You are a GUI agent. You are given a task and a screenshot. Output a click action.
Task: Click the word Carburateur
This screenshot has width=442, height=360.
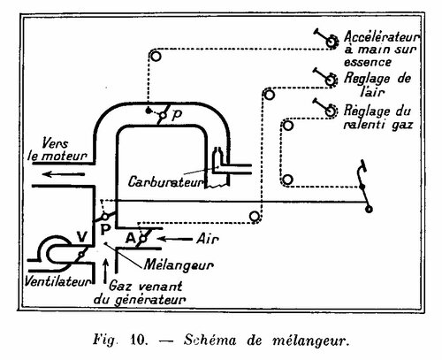pyautogui.click(x=166, y=182)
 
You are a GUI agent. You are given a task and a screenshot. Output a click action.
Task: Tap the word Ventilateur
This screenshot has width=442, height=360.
pyautogui.click(x=57, y=281)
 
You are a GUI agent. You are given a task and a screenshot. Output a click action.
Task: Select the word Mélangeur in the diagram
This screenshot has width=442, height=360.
pyautogui.click(x=179, y=265)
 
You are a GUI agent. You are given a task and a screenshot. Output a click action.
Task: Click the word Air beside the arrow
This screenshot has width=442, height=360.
pyautogui.click(x=208, y=239)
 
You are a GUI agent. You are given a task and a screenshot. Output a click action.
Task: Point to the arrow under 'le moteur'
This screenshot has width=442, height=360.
pyautogui.click(x=64, y=174)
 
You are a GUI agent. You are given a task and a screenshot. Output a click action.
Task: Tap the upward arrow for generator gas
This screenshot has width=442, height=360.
pyautogui.click(x=105, y=271)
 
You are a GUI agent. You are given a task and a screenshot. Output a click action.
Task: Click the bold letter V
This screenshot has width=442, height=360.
pyautogui.click(x=82, y=236)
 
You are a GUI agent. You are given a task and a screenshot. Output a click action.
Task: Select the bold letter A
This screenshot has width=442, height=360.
pyautogui.click(x=131, y=238)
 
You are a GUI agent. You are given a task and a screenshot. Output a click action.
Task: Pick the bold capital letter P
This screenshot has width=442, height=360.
pyautogui.click(x=105, y=229)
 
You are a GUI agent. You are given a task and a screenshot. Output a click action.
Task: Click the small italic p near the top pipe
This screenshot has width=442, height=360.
pyautogui.click(x=176, y=115)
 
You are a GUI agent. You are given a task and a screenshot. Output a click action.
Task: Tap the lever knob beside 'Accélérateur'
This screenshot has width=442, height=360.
pyautogui.click(x=332, y=41)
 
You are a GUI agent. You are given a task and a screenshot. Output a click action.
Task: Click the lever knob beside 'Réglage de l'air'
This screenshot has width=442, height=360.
pyautogui.click(x=331, y=80)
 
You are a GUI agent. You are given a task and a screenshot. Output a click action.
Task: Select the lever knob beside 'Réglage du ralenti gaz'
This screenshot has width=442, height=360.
pyautogui.click(x=331, y=111)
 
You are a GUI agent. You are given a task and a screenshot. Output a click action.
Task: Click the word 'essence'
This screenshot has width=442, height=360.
pyautogui.click(x=368, y=62)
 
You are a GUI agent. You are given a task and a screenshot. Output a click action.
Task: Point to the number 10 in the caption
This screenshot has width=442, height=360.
pyautogui.click(x=138, y=340)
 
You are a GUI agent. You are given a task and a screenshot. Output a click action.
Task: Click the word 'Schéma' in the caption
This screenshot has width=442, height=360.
pyautogui.click(x=210, y=340)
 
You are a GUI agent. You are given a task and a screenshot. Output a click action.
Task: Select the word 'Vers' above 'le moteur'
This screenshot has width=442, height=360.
pyautogui.click(x=55, y=143)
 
